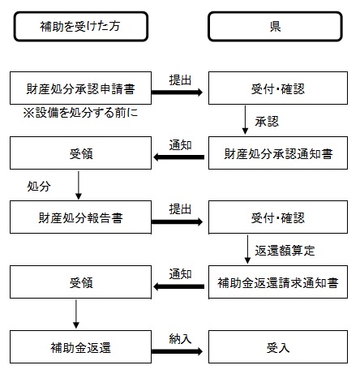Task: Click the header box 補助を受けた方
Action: coord(81,26)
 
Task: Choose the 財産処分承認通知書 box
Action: coord(278,153)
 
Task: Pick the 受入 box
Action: coord(278,347)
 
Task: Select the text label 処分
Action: coord(39,185)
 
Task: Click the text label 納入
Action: coord(180,338)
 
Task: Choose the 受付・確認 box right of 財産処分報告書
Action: coord(278,217)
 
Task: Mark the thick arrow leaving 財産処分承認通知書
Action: coord(178,157)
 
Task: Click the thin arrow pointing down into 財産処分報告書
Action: coord(79,185)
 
